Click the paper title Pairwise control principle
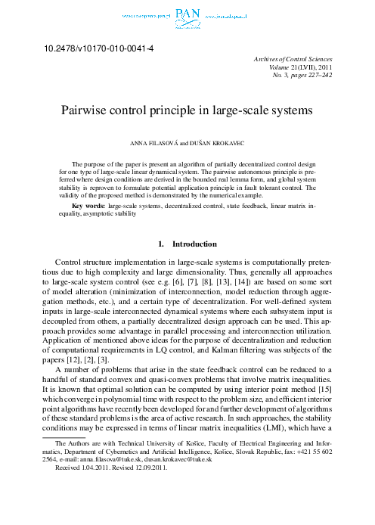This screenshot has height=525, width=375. [x=187, y=110]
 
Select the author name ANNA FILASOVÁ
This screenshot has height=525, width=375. [x=154, y=143]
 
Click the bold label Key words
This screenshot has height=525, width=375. [x=87, y=206]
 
